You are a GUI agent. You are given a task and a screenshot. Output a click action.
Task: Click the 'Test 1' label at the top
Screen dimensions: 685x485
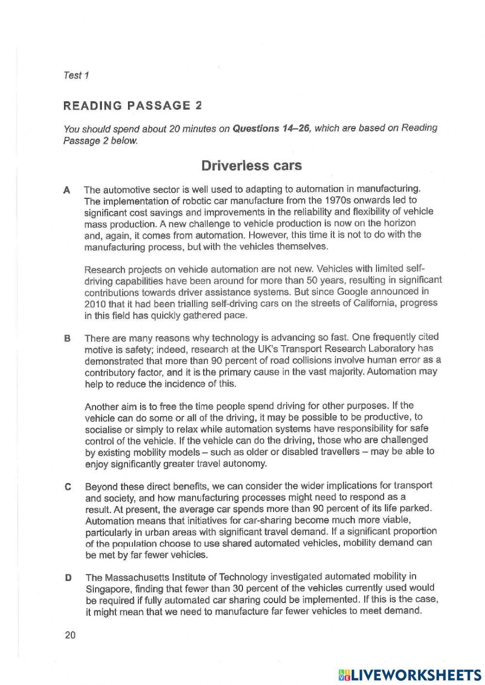[76, 75]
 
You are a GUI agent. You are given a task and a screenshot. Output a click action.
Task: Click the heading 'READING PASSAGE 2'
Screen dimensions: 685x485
[132, 106]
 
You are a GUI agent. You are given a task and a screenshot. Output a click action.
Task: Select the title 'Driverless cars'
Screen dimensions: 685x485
[251, 166]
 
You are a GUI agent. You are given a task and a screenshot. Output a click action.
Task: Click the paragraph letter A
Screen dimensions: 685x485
[67, 190]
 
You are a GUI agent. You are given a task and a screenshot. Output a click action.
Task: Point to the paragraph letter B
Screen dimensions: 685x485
[67, 338]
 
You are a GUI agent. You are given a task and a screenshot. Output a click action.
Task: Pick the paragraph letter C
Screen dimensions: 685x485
[68, 487]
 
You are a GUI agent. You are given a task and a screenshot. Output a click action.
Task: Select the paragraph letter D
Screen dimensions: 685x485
[68, 578]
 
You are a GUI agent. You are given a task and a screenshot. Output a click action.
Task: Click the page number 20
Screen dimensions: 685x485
[70, 635]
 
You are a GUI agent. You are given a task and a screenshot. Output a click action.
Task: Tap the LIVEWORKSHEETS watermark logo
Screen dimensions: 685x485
[409, 675]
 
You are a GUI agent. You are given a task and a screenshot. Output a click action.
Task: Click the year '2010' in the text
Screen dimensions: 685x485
[95, 304]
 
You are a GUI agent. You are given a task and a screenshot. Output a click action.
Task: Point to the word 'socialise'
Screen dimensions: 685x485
[104, 430]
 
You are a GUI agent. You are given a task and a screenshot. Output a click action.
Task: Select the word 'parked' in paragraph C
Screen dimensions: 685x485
[416, 509]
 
